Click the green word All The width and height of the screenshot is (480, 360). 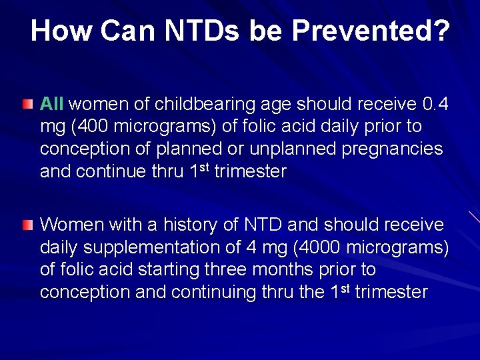coord(52,104)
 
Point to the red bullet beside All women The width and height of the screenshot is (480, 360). coord(26,105)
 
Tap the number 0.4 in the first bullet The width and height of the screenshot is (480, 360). coord(435,104)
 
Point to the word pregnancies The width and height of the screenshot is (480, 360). coord(392,149)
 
